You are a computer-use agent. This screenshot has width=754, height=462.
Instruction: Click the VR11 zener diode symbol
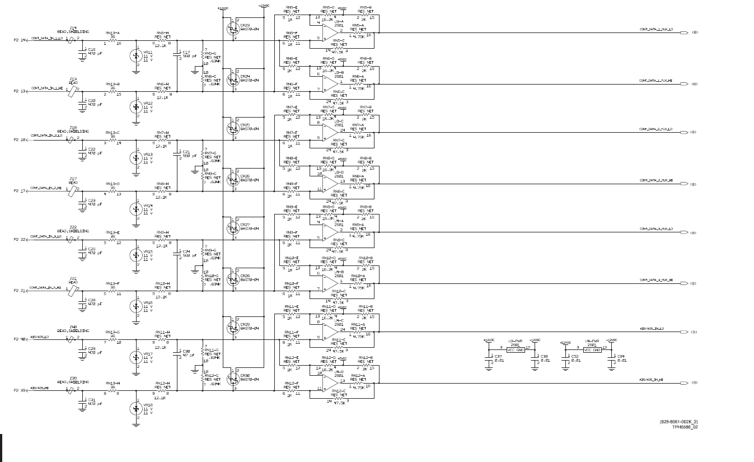[x=135, y=56]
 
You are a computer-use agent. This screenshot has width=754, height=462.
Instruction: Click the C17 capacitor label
[x=186, y=53]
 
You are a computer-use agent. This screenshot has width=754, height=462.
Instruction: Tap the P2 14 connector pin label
[x=20, y=40]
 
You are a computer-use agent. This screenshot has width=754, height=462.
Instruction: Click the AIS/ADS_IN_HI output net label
[x=651, y=380]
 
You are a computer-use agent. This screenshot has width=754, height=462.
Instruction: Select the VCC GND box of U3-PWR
[x=516, y=349]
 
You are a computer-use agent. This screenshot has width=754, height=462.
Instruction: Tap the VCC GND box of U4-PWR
[x=592, y=350]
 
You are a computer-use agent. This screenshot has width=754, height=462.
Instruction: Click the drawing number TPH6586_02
[x=685, y=427]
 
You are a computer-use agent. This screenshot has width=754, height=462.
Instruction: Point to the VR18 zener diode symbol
[x=135, y=409]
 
